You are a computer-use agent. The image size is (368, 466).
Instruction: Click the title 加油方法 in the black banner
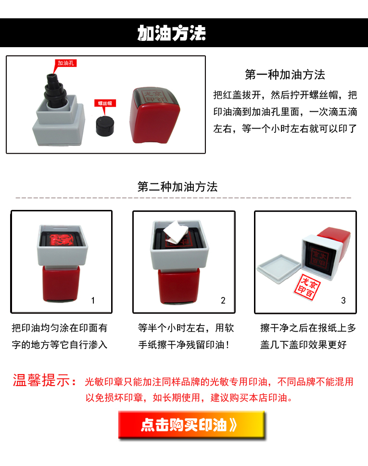171,33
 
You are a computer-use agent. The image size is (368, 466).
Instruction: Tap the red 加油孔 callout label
65,63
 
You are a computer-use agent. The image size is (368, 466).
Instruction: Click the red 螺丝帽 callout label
105,103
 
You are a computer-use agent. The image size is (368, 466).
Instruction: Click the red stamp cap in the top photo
154,116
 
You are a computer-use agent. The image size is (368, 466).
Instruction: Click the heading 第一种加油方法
285,75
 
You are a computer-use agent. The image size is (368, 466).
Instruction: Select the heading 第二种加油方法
178,187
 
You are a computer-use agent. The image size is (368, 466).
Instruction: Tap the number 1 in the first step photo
93,300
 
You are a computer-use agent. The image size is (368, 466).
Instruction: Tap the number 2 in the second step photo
223,300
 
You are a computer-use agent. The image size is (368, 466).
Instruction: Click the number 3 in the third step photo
343,300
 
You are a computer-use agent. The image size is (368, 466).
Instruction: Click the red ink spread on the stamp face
61,240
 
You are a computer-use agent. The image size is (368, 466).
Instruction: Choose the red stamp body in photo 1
61,284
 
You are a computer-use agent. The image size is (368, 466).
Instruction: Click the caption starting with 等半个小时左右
186,336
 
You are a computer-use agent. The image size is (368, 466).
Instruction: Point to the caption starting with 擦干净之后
308,336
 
